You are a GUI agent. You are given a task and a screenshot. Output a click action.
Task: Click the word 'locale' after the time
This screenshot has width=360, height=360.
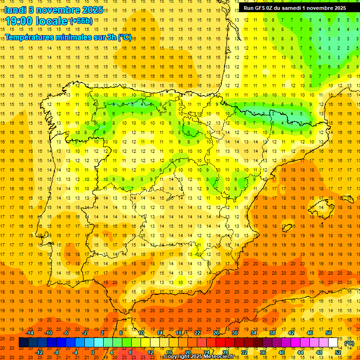[51, 21]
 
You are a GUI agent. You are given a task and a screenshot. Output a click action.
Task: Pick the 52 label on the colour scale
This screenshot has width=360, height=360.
[338, 352]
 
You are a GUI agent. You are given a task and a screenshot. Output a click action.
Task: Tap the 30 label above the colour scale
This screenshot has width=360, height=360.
[235, 333]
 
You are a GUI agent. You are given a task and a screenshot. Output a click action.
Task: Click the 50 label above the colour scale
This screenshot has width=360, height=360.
[329, 333]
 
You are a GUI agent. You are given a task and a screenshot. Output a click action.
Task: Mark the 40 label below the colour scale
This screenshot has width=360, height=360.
[282, 352]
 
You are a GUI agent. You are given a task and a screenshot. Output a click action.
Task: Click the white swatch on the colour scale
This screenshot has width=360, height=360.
[333, 343]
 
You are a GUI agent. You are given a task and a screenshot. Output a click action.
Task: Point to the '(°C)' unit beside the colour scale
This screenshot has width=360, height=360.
[349, 343]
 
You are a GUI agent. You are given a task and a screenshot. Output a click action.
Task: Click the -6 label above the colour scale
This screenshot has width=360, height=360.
[67, 333]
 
